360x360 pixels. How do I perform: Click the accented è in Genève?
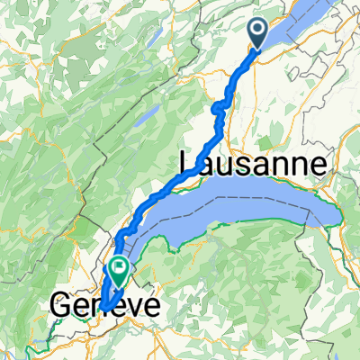coord(113,306)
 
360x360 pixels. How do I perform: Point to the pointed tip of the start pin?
coord(257,49)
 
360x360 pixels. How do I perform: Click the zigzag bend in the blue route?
coord(219,110)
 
